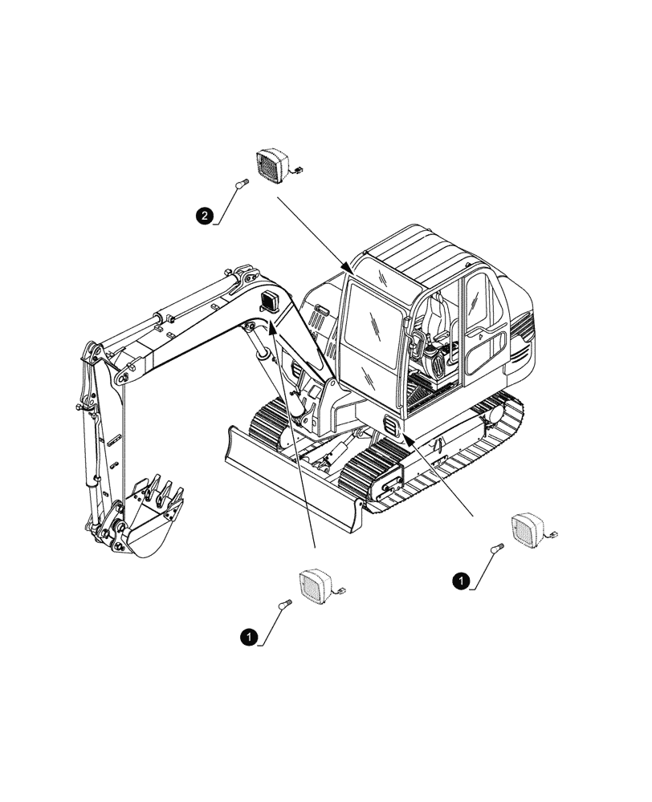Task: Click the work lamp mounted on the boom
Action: pos(269,302)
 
